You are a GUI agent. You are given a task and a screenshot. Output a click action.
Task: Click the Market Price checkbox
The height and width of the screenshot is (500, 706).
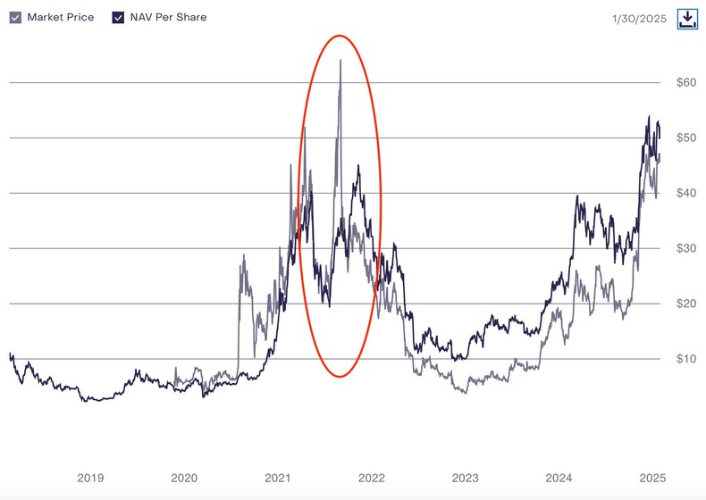click(x=15, y=17)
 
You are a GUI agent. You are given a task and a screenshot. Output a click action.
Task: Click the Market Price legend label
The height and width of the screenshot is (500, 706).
click(x=61, y=17)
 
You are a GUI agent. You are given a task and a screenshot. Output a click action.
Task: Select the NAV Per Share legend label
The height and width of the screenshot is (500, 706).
click(x=168, y=17)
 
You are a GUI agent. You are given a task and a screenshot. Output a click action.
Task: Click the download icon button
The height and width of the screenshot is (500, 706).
click(x=687, y=19)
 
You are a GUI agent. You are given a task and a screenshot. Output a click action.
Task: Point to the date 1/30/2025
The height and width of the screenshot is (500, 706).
click(x=639, y=19)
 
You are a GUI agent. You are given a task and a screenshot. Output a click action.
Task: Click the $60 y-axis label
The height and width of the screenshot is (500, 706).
click(x=685, y=83)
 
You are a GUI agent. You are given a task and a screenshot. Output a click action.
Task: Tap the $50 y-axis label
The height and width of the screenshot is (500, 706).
click(x=685, y=138)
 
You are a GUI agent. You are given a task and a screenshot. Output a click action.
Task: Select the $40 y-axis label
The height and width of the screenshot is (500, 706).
click(x=685, y=194)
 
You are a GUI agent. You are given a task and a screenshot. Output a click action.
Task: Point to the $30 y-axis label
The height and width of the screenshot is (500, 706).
click(x=685, y=249)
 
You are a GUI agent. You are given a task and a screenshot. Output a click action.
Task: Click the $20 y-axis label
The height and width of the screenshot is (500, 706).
click(x=685, y=304)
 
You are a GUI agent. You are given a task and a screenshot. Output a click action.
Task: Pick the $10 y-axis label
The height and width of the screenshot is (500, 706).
click(x=685, y=359)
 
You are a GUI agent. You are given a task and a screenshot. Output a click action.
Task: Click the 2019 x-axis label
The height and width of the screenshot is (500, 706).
click(x=89, y=478)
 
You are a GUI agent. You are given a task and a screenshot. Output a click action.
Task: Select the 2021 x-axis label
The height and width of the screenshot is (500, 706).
click(x=278, y=478)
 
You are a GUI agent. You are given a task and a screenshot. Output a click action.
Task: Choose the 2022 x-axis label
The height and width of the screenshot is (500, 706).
click(x=372, y=478)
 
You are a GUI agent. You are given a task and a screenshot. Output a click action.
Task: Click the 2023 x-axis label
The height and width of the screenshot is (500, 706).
click(x=466, y=478)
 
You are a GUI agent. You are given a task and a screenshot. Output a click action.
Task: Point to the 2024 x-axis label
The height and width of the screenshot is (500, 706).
click(x=559, y=478)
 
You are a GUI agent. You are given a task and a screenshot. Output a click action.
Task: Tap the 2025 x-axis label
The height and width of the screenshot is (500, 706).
click(x=653, y=478)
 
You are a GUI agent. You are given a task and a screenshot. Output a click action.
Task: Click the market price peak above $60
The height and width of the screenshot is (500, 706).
click(x=340, y=61)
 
